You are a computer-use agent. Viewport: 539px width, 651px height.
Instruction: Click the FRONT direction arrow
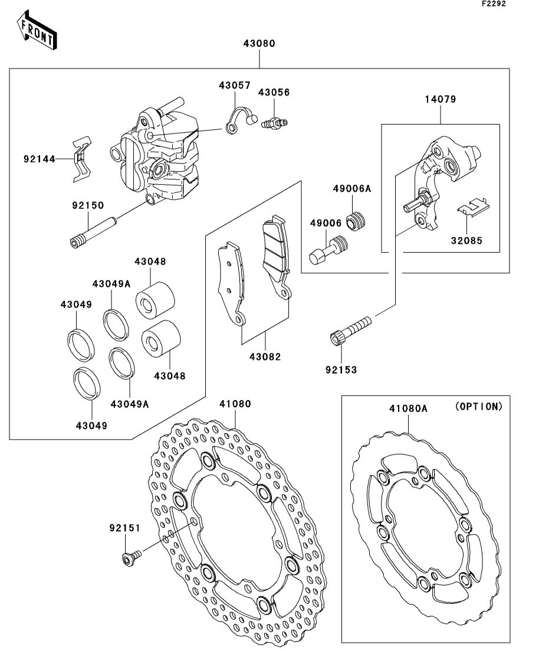(x=36, y=30)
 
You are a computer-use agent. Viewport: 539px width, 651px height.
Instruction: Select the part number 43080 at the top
(x=259, y=43)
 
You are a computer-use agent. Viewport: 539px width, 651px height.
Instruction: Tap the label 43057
(x=234, y=84)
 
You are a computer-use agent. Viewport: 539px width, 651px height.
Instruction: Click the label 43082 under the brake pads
(x=265, y=356)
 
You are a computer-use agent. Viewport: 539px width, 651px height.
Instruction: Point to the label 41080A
(x=407, y=408)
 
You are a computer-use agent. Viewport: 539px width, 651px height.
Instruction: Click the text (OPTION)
(x=479, y=407)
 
